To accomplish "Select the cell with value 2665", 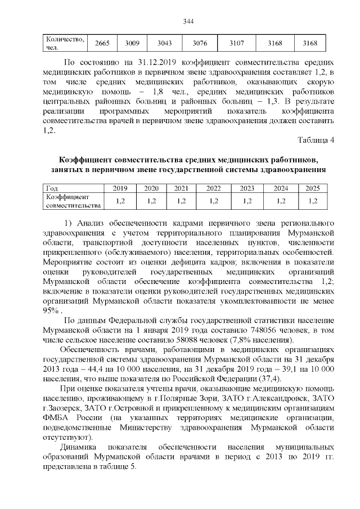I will coord(102,43).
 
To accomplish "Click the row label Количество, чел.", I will coord(65,43).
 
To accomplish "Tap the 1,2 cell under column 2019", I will coord(120,201).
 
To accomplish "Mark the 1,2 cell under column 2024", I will coord(281,201).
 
